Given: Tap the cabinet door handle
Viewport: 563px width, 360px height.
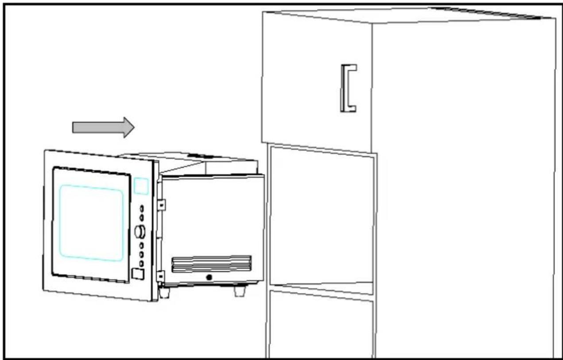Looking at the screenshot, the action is click(x=348, y=88).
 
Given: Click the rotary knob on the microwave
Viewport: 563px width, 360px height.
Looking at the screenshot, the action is click(x=140, y=231).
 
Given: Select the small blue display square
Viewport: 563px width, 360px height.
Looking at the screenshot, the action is click(x=141, y=186).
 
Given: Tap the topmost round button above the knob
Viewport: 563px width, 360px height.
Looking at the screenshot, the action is click(x=142, y=208).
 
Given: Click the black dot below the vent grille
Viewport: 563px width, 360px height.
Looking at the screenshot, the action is click(x=209, y=277).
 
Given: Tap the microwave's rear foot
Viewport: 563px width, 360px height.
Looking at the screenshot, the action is click(x=240, y=291).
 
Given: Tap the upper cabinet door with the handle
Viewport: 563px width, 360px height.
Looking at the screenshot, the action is click(x=317, y=80).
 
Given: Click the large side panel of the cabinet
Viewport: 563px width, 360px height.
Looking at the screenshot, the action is click(x=463, y=191).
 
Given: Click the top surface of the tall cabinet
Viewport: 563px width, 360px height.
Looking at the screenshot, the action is click(x=408, y=16).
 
